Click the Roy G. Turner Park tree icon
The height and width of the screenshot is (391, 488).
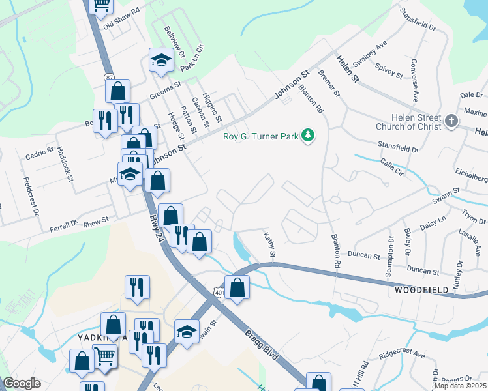[307, 136]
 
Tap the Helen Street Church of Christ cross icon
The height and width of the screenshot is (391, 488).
[451, 121]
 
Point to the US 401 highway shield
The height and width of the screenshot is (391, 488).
[219, 293]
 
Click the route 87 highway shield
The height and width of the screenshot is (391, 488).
[109, 78]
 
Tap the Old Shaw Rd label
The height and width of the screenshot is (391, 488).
[122, 16]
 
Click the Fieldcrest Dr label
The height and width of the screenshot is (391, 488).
[30, 195]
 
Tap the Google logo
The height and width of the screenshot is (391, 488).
[22, 383]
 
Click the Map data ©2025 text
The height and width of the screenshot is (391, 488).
[460, 386]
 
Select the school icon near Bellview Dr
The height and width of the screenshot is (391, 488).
[160, 61]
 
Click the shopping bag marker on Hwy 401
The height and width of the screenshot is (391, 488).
[237, 287]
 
